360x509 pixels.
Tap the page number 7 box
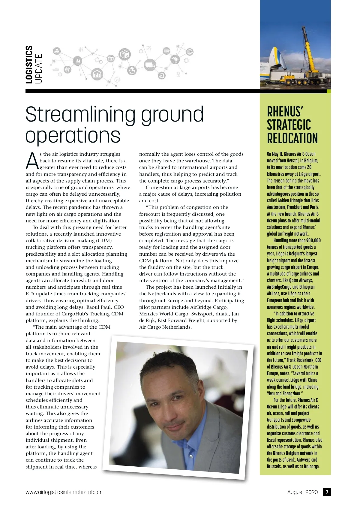(x=327, y=492)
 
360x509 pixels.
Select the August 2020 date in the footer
(x=302, y=492)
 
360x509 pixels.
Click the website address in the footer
(x=64, y=492)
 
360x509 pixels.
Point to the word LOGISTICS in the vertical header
(x=29, y=65)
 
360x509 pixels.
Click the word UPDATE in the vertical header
(x=38, y=68)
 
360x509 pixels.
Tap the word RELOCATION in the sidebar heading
(x=292, y=138)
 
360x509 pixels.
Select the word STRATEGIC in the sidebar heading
(x=289, y=125)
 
